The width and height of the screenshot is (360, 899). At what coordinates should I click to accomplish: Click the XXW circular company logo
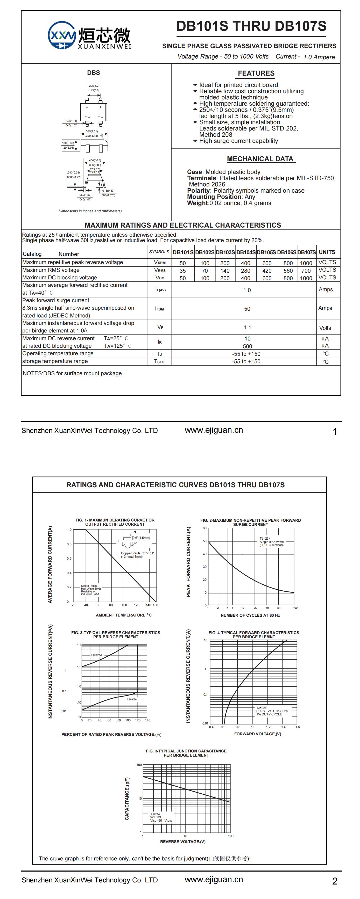62,35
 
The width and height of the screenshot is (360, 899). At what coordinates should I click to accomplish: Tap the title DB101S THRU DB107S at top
251,26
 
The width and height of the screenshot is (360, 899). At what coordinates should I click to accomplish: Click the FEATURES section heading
256,73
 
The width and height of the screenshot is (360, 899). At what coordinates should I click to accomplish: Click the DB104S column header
246,252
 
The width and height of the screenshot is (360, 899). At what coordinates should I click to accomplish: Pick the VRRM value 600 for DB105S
267,263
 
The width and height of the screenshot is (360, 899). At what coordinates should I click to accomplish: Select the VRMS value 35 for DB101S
183,271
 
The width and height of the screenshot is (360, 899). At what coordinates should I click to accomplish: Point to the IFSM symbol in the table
159,309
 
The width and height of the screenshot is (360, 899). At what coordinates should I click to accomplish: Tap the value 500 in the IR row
247,346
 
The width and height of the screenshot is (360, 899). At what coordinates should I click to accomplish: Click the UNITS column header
327,252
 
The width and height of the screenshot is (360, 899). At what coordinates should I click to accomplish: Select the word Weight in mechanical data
197,203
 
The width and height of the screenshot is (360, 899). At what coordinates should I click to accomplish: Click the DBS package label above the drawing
94,72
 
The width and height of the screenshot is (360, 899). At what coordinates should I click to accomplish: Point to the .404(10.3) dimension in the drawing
95,161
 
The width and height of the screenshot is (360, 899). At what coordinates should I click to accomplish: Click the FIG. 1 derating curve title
115,522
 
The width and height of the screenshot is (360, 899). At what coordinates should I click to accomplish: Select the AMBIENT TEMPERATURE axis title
124,615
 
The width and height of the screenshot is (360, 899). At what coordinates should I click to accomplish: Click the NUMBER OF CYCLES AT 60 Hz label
250,615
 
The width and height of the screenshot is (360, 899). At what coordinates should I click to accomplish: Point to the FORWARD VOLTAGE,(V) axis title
257,734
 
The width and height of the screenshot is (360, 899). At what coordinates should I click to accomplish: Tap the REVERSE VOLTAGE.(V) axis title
183,842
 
